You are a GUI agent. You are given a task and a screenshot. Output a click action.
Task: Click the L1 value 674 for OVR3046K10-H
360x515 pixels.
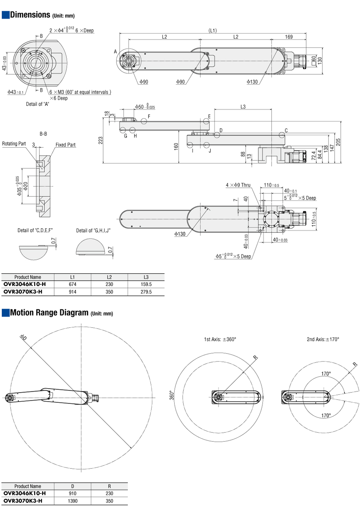click(72, 284)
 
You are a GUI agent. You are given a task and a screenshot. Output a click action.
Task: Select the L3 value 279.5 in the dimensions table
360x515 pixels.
click(146, 292)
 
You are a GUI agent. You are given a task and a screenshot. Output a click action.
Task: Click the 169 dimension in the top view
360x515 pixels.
click(289, 37)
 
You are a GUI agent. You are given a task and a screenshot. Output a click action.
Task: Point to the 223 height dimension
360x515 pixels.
click(101, 140)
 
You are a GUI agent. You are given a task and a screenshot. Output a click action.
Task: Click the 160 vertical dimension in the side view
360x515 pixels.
click(176, 146)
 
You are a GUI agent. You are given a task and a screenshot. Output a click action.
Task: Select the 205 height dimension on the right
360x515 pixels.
click(338, 142)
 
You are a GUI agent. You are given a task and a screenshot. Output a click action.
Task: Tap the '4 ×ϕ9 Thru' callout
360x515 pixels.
click(238, 185)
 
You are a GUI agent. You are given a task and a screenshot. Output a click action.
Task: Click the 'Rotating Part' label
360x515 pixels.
click(14, 144)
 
